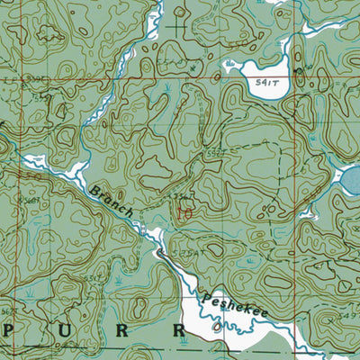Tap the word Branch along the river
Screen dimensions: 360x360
point(112,200)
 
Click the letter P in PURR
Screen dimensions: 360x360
point(10,330)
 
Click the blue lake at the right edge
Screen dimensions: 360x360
point(349,183)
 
